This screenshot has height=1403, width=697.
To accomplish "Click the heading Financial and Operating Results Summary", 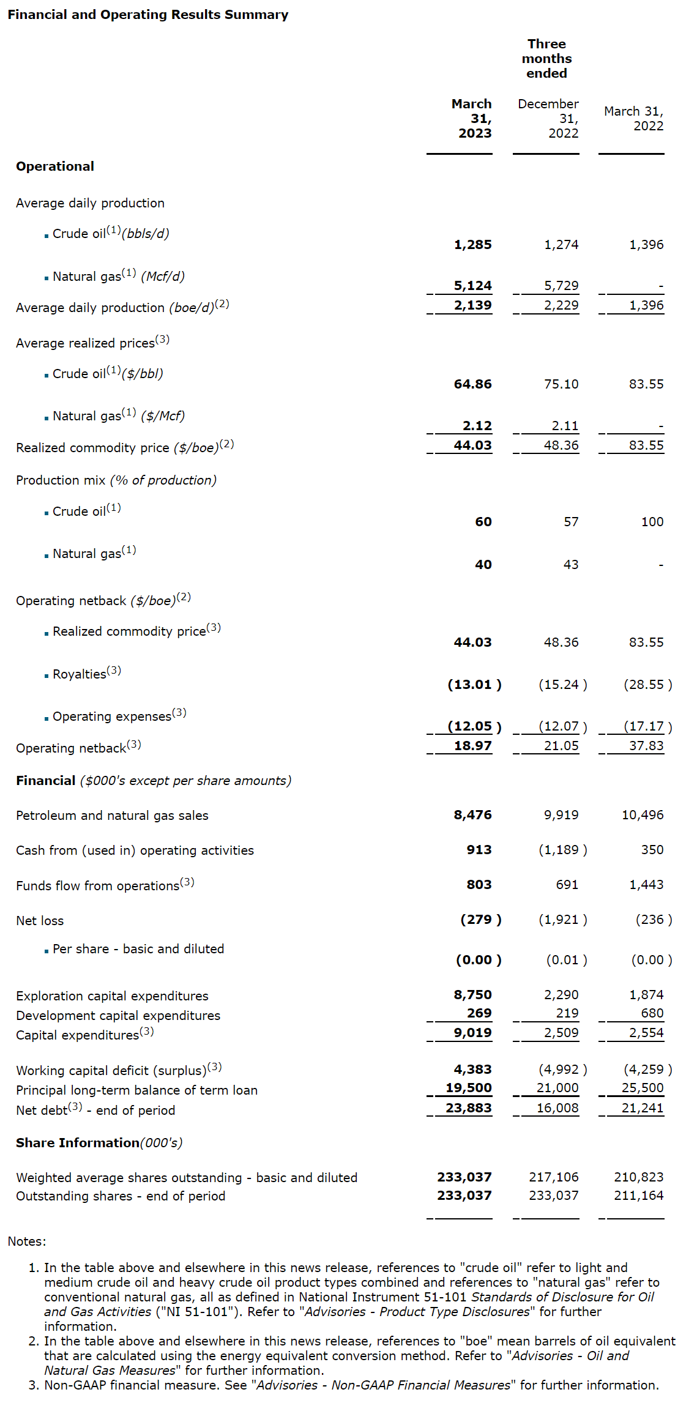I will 147,15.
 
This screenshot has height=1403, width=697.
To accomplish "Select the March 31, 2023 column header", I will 472,118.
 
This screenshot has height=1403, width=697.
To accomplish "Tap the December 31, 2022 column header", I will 548,118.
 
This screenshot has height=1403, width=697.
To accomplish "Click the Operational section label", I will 55,166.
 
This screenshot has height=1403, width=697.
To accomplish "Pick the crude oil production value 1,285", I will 472,245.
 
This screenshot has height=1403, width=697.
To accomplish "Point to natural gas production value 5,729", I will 561,286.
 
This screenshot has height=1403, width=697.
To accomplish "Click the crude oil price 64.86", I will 472,384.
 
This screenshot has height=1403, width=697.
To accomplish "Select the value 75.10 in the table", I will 561,384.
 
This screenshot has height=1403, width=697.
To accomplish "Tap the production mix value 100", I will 652,522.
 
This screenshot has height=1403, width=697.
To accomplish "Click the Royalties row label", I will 80,674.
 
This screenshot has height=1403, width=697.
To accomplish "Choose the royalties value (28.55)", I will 647,685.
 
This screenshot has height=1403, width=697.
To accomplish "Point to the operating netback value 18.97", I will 472,746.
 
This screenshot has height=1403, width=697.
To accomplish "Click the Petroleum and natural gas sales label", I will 112,816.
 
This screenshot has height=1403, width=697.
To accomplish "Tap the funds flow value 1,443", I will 646,885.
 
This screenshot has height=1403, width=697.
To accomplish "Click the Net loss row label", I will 40,921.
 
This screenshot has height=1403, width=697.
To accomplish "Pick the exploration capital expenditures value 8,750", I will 472,995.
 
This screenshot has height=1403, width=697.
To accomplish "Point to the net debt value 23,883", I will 469,1108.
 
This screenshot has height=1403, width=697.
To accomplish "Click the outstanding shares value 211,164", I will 639,1196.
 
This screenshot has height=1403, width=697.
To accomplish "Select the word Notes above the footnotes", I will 26,1241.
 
